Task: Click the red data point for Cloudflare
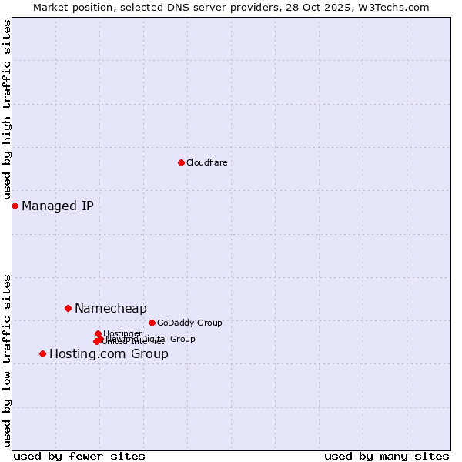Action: point(181,162)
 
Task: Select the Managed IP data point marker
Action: point(15,206)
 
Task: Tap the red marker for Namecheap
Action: point(68,308)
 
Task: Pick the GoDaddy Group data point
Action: point(152,323)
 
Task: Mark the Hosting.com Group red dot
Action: point(42,353)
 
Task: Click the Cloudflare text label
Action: point(206,162)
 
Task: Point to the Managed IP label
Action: point(58,206)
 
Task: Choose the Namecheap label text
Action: point(110,308)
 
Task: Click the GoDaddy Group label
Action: point(189,323)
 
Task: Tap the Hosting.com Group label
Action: point(109,354)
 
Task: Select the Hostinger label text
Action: point(122,333)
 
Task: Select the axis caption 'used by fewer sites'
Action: point(79,456)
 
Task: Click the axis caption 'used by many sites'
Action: point(387,456)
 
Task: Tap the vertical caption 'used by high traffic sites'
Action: point(7,110)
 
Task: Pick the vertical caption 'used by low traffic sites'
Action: point(7,360)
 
